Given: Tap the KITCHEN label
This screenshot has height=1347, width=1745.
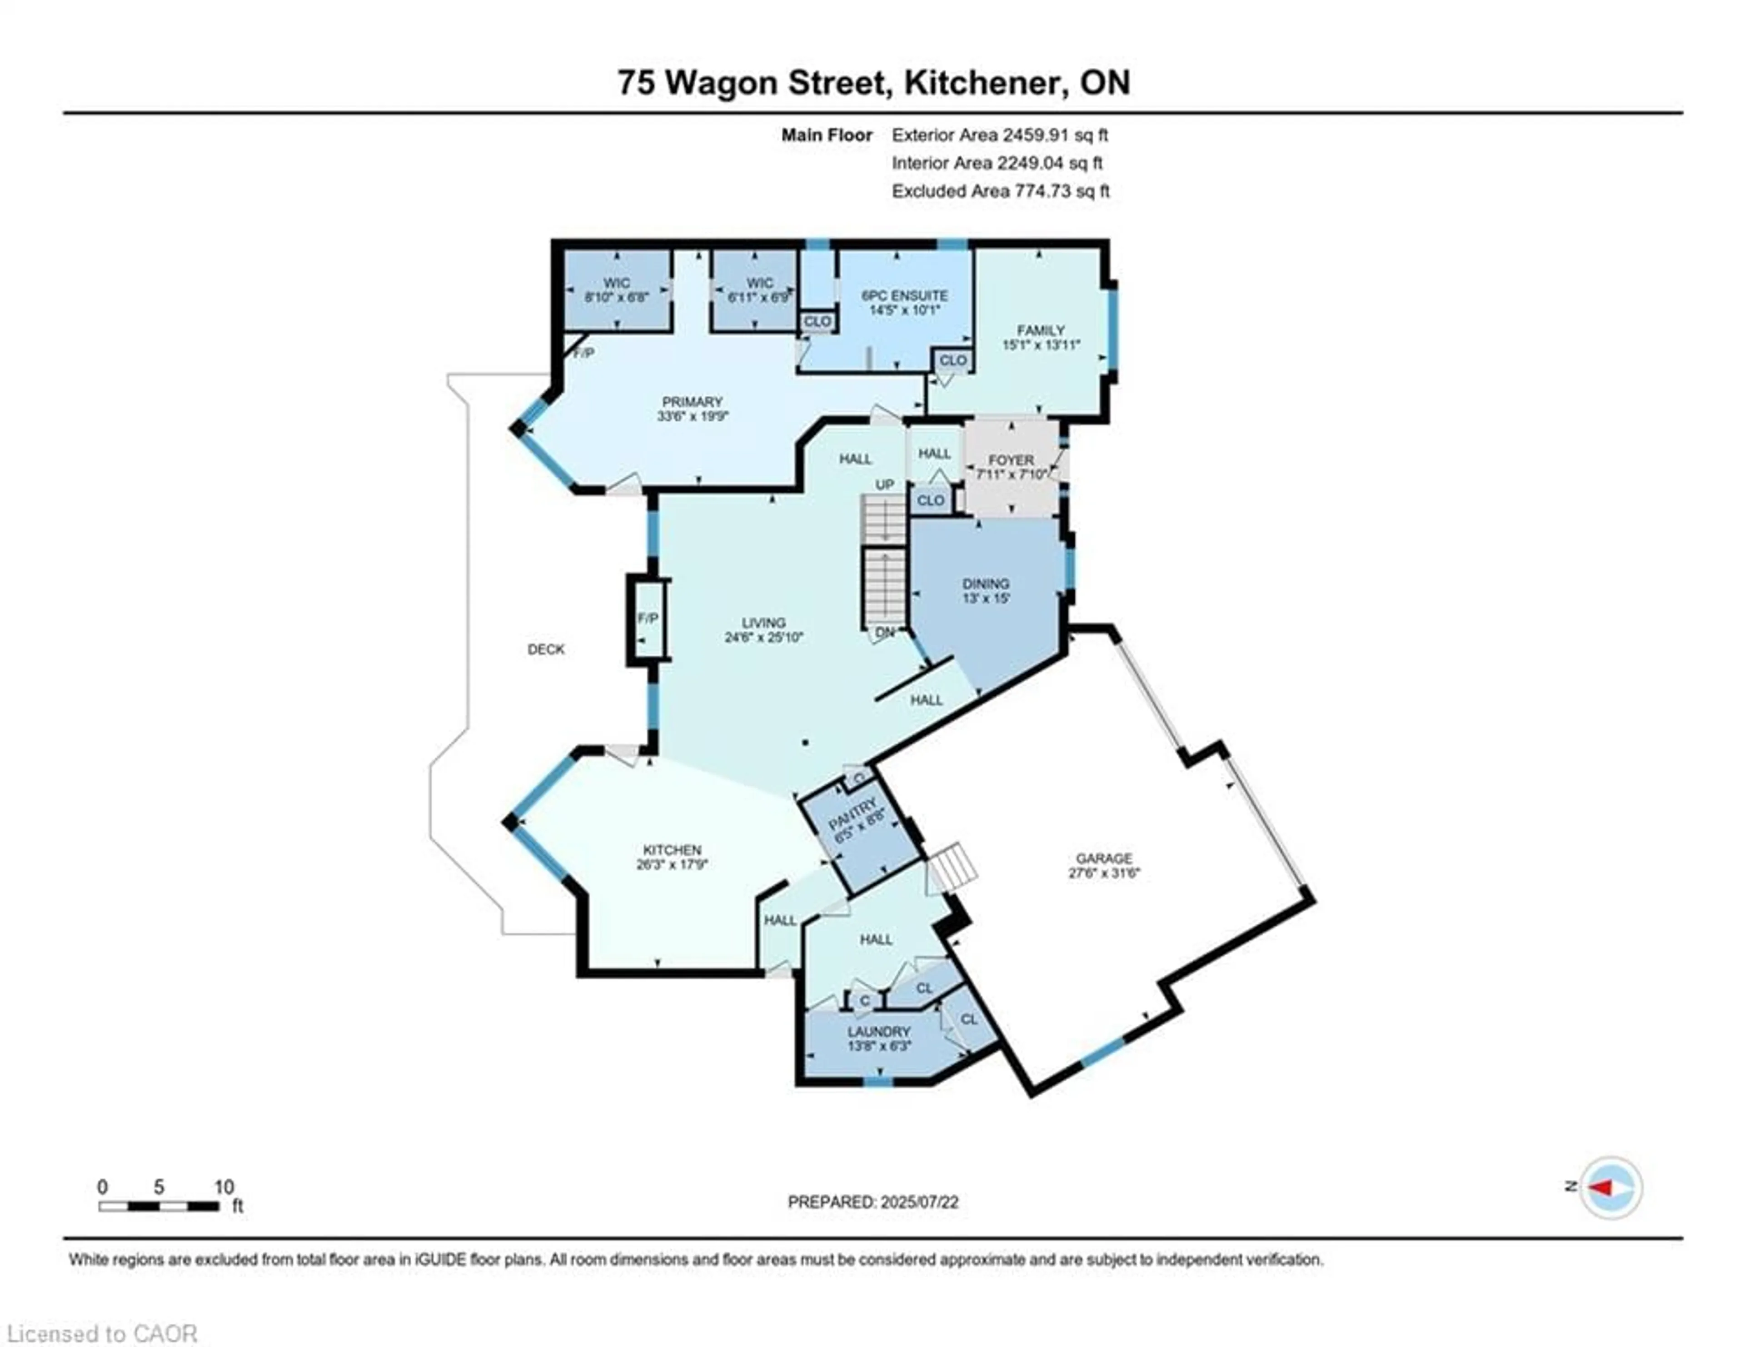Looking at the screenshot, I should coord(672,850).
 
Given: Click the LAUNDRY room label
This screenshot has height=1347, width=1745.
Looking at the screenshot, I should coord(879,1032).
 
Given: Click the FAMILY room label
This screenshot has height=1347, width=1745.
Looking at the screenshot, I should coord(1040,330).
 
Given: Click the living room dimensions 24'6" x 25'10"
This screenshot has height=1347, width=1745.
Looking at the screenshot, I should coord(764,638).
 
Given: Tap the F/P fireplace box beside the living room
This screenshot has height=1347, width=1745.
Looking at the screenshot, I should coord(647,619).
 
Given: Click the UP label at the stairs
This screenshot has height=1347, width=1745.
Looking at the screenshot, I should coord(884,485).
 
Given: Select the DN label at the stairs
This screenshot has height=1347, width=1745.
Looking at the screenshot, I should coord(884,633).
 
